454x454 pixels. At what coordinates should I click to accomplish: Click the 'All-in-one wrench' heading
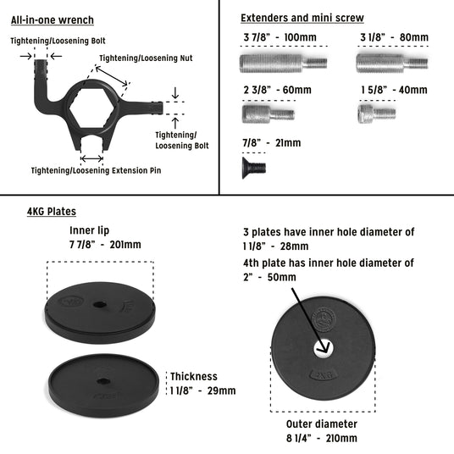(x=53, y=20)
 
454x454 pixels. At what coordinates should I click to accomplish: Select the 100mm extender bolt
(x=283, y=63)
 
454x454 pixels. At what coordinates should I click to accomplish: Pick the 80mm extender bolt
(x=392, y=63)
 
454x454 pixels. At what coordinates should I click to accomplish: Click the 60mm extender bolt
(x=269, y=113)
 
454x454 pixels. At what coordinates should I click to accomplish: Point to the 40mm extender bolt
(x=377, y=113)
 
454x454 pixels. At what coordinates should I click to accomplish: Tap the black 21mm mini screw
(x=253, y=168)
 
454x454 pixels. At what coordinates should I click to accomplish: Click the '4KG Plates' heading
(x=52, y=212)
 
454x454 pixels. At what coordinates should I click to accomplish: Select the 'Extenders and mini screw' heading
(x=302, y=18)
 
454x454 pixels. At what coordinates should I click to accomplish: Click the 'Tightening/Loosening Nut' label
(x=146, y=58)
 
